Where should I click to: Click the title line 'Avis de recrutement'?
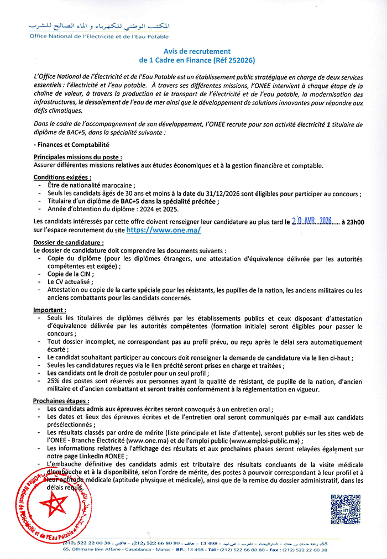click(x=193, y=50)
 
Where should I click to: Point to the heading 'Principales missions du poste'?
click(x=77, y=157)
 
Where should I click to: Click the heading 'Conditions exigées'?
click(x=62, y=177)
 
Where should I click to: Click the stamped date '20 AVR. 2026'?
click(x=311, y=221)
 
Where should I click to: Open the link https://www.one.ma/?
click(x=164, y=229)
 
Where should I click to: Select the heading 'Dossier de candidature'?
click(x=69, y=242)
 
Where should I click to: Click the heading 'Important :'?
click(x=50, y=310)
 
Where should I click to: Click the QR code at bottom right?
click(x=345, y=509)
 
